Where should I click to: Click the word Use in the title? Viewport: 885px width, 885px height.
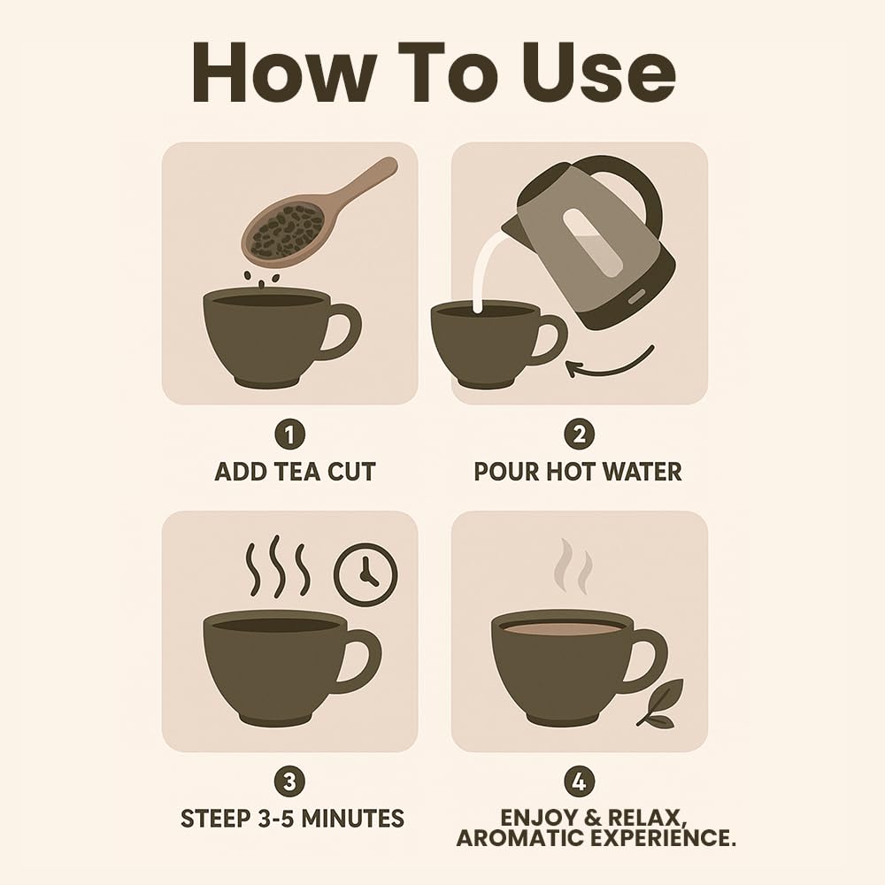click(x=599, y=73)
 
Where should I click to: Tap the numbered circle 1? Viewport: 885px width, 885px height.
click(x=289, y=435)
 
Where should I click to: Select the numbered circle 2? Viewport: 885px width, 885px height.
click(x=579, y=435)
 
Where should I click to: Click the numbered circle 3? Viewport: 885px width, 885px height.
click(x=289, y=781)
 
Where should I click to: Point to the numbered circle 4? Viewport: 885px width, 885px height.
click(x=579, y=781)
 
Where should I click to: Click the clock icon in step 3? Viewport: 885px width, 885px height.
click(x=366, y=574)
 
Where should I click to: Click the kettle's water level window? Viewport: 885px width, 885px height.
click(x=593, y=242)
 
